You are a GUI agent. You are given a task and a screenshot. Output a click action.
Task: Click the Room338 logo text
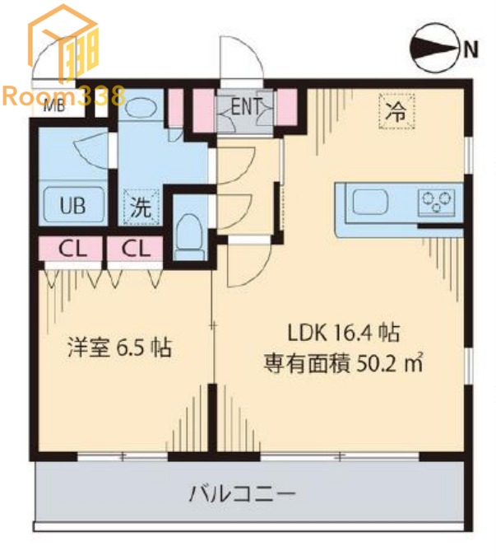[63, 96]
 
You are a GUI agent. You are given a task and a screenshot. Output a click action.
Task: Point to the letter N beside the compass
[470, 49]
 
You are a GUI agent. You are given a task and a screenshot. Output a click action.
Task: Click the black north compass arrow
[433, 49]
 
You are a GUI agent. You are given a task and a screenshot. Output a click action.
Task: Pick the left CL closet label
[70, 248]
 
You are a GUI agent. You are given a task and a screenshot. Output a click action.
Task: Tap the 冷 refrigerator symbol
[396, 112]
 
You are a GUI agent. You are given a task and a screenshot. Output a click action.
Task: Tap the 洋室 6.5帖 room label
[118, 348]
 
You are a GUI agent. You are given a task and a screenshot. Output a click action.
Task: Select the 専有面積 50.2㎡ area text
[342, 362]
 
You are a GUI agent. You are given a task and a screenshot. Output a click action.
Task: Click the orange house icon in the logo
[63, 41]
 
